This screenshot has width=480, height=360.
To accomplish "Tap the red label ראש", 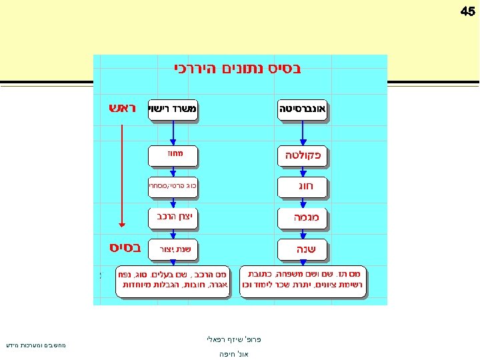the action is click(x=122, y=108).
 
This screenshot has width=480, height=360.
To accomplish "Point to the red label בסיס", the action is click(x=124, y=248).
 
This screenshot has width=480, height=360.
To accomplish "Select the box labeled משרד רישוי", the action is click(x=173, y=109).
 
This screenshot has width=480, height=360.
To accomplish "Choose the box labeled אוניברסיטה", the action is click(x=303, y=109).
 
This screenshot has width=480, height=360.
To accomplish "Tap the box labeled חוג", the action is click(x=303, y=187).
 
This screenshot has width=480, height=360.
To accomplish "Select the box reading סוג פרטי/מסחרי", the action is click(x=173, y=187).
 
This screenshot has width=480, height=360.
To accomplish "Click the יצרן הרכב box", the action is click(x=173, y=217).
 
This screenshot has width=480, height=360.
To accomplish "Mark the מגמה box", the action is click(x=303, y=217).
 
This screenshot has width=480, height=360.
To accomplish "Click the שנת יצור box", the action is click(x=173, y=249).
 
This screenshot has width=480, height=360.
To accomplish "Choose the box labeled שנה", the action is click(x=303, y=249).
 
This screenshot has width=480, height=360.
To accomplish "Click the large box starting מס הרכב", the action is click(x=173, y=279).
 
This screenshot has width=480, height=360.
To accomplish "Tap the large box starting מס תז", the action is click(x=303, y=279).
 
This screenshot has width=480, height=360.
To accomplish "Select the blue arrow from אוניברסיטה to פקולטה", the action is click(x=303, y=133).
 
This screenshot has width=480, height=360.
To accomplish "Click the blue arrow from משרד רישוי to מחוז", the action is click(x=173, y=133).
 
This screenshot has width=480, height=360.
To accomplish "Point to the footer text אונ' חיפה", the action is click(x=234, y=354).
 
